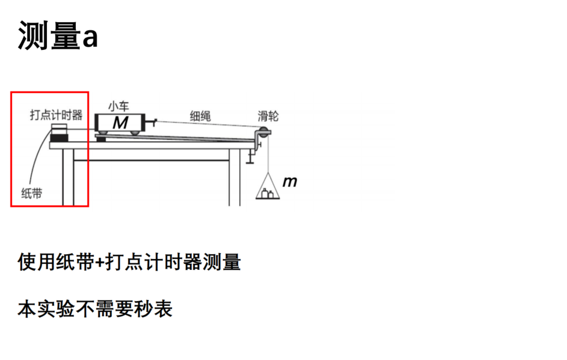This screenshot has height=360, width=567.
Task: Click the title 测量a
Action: [x=58, y=35]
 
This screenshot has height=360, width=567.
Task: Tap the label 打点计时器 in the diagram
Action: [x=56, y=115]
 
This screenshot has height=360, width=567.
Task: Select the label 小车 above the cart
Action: [x=118, y=106]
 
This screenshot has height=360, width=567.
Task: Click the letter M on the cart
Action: [x=120, y=123]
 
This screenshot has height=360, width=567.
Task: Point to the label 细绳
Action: [x=200, y=116]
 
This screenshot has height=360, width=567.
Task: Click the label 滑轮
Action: [x=268, y=116]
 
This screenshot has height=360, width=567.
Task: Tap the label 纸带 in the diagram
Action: [x=32, y=194]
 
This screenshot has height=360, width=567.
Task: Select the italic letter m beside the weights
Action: [x=290, y=182]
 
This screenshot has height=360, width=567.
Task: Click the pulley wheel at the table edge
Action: [x=263, y=132]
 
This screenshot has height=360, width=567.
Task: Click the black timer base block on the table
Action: [x=59, y=138]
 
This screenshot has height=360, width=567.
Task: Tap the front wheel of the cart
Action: [x=135, y=132]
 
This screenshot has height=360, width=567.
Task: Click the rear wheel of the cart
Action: [x=102, y=132]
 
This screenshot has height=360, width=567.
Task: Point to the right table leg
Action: [x=234, y=177]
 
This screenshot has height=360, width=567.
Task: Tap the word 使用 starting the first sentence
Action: [x=37, y=262]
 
